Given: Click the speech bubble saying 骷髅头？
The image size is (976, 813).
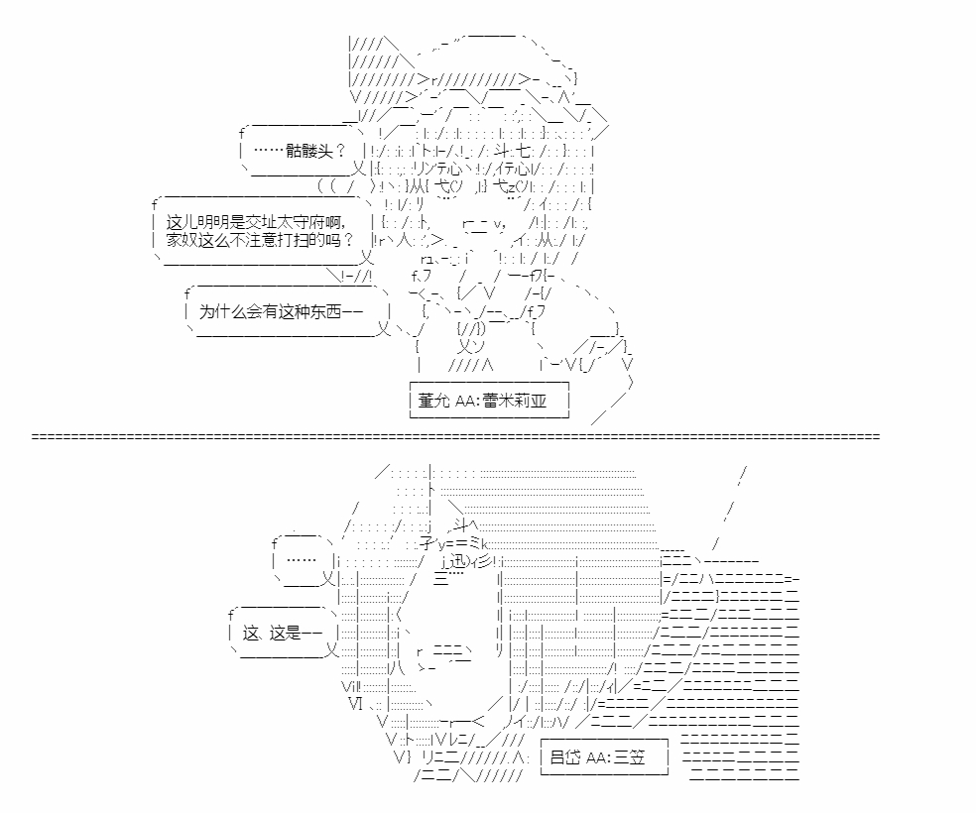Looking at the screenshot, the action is [x=303, y=151].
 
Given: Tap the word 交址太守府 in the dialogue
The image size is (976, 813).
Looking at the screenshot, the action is [x=294, y=223].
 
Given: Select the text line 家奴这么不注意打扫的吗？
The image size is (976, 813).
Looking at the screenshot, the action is [x=260, y=240].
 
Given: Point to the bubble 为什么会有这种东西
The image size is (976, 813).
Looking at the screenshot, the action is [x=288, y=311].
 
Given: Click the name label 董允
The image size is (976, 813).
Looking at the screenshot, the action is [x=433, y=401].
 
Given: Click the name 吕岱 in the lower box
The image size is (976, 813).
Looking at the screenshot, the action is [x=565, y=757].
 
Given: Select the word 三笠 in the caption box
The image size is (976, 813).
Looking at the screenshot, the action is [x=630, y=757].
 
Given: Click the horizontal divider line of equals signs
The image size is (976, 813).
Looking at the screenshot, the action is [x=455, y=436].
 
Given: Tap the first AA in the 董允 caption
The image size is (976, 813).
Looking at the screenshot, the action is [x=465, y=401].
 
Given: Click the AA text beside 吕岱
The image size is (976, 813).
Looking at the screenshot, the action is [x=596, y=757].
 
